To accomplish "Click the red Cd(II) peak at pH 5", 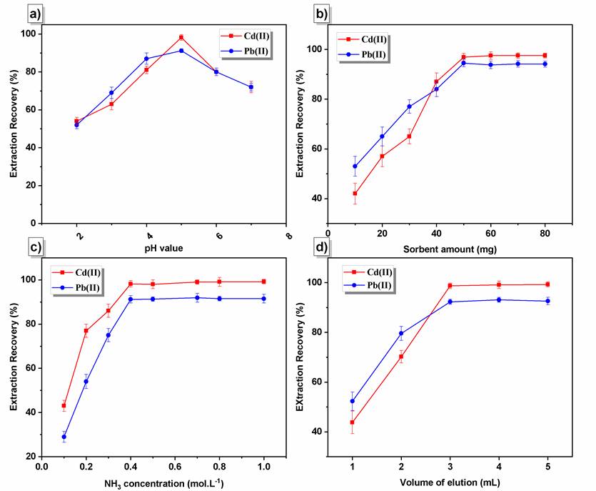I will coord(181,37).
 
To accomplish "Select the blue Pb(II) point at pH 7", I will coord(251,87).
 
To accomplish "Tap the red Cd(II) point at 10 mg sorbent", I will coord(355,194).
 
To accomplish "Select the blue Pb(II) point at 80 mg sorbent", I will coord(545,64).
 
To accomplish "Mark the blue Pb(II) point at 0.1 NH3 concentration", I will coord(64,437).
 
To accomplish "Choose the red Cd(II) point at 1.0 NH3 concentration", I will coord(264,282).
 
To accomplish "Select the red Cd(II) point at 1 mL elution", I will coord(353,422).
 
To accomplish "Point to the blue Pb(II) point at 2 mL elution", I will coord(401,334).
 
